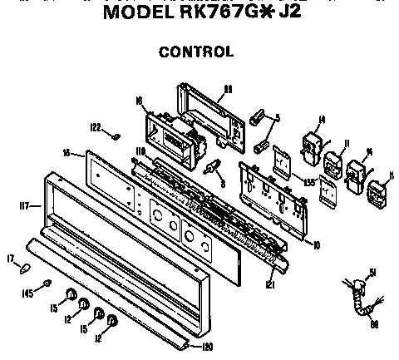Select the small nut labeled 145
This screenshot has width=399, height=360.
(x=49, y=284)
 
